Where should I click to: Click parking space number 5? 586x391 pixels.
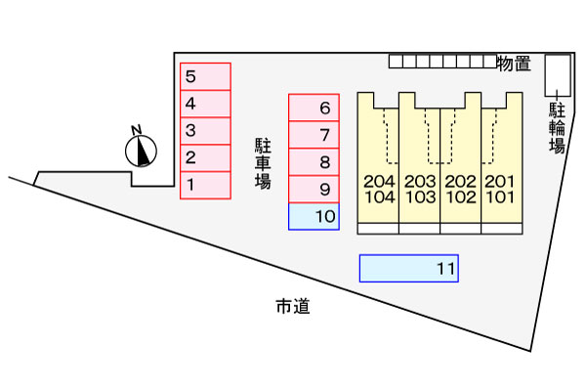click(x=205, y=76)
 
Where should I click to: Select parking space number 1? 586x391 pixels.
click(x=205, y=185)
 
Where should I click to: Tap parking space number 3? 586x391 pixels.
click(x=205, y=131)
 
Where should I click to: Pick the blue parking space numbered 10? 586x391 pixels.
click(x=314, y=216)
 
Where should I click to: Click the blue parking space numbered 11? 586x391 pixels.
click(x=409, y=268)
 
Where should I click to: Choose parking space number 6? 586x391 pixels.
click(x=314, y=108)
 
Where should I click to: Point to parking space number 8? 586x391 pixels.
click(x=314, y=162)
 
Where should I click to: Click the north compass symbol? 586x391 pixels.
click(x=141, y=152)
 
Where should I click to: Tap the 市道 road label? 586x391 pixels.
click(x=293, y=306)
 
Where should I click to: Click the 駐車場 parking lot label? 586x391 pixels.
click(x=263, y=163)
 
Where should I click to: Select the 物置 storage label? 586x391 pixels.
click(x=515, y=64)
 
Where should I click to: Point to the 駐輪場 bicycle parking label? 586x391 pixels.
click(x=557, y=128)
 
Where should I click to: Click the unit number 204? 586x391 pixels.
click(x=379, y=182)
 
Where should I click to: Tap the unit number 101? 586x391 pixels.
click(x=500, y=196)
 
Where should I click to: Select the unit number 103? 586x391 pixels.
click(x=420, y=196)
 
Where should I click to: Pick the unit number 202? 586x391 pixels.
click(x=460, y=182)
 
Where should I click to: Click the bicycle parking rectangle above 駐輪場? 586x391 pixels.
click(x=558, y=75)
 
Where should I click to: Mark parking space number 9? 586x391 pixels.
click(x=314, y=190)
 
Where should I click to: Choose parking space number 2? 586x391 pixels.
click(x=205, y=158)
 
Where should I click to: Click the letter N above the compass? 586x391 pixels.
click(x=137, y=130)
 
